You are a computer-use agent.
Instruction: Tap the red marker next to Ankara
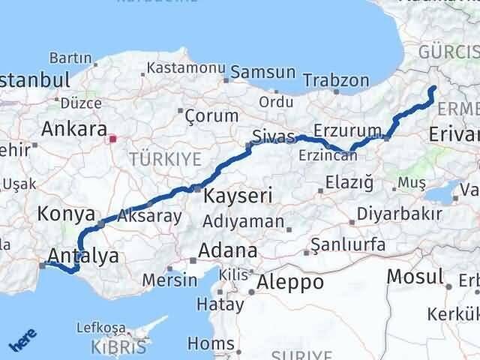(113, 138)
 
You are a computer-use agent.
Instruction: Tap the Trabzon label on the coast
(340, 80)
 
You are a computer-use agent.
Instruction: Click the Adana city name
(227, 250)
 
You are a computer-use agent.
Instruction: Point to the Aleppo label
(290, 282)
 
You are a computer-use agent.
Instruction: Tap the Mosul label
(415, 276)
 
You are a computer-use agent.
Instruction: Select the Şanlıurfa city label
(348, 244)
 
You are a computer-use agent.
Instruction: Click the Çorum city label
(211, 116)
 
